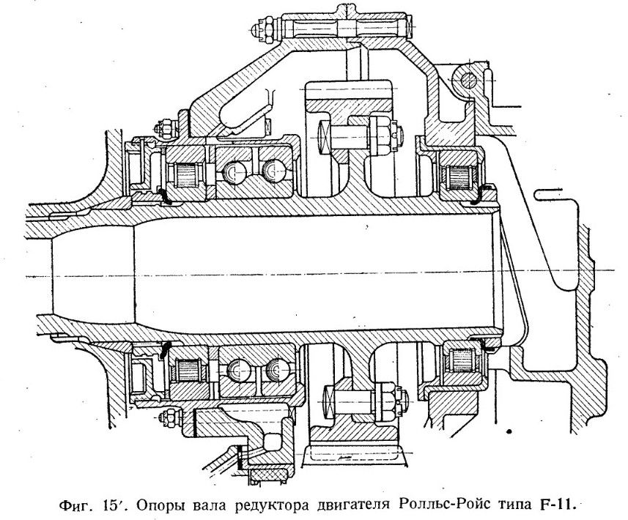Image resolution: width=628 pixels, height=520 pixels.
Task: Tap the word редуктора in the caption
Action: pyautogui.click(x=270, y=505)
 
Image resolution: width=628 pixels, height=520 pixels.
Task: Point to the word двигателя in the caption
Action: pyautogui.click(x=352, y=505)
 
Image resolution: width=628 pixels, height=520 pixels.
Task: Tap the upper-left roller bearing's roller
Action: pyautogui.click(x=185, y=174)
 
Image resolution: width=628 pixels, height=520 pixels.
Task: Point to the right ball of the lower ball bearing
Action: pyautogui.click(x=277, y=369)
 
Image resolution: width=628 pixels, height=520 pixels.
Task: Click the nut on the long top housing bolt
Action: pyautogui.click(x=265, y=30)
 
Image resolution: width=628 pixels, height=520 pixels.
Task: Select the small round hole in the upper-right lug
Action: pyautogui.click(x=468, y=81)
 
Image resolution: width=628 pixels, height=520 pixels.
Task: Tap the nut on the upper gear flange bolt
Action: pyautogui.click(x=380, y=135)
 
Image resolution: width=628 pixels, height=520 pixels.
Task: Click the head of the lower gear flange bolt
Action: pyautogui.click(x=328, y=402)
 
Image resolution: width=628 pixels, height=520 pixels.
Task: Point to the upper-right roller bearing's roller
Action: pyautogui.click(x=459, y=177)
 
